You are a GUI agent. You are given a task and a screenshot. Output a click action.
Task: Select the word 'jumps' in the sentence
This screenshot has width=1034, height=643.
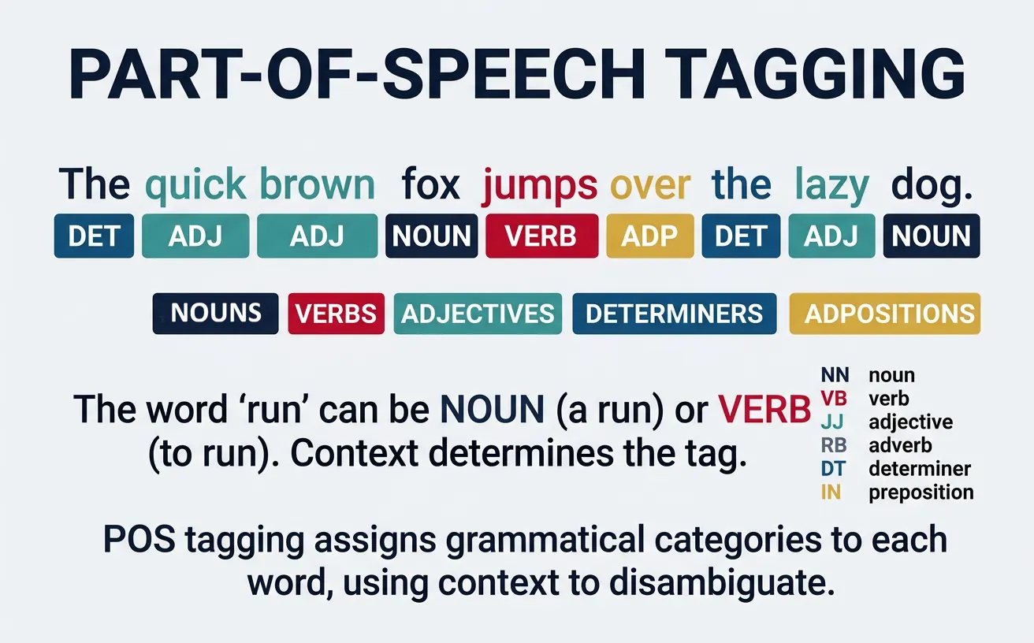tap(539, 185)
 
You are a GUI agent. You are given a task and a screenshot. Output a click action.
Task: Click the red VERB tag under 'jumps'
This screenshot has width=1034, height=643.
tap(541, 236)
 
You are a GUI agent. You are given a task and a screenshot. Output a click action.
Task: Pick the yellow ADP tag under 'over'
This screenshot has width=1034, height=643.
tap(650, 236)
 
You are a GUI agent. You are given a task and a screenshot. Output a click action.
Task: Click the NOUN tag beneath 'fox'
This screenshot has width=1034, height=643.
tap(431, 236)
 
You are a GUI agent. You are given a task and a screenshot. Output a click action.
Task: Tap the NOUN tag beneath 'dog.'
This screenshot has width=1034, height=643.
tap(932, 236)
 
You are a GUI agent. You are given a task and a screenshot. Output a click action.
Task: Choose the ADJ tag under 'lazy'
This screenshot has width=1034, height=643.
tap(831, 236)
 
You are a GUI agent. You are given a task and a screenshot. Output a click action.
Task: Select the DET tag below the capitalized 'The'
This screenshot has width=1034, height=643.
tap(94, 236)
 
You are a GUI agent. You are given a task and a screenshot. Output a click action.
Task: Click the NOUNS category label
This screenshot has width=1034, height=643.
tap(215, 314)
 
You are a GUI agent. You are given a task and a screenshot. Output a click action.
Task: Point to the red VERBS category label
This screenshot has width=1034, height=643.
tap(337, 314)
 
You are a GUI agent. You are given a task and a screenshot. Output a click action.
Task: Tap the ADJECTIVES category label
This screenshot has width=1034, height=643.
tap(478, 314)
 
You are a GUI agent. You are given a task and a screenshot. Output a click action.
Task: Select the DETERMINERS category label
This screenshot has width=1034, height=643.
tap(675, 314)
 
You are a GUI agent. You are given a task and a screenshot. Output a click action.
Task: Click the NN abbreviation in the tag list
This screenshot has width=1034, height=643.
tap(835, 376)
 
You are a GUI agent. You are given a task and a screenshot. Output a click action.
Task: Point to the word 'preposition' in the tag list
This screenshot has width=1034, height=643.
tap(921, 492)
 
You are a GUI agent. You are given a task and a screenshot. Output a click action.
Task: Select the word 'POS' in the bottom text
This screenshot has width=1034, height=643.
tap(134, 541)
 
